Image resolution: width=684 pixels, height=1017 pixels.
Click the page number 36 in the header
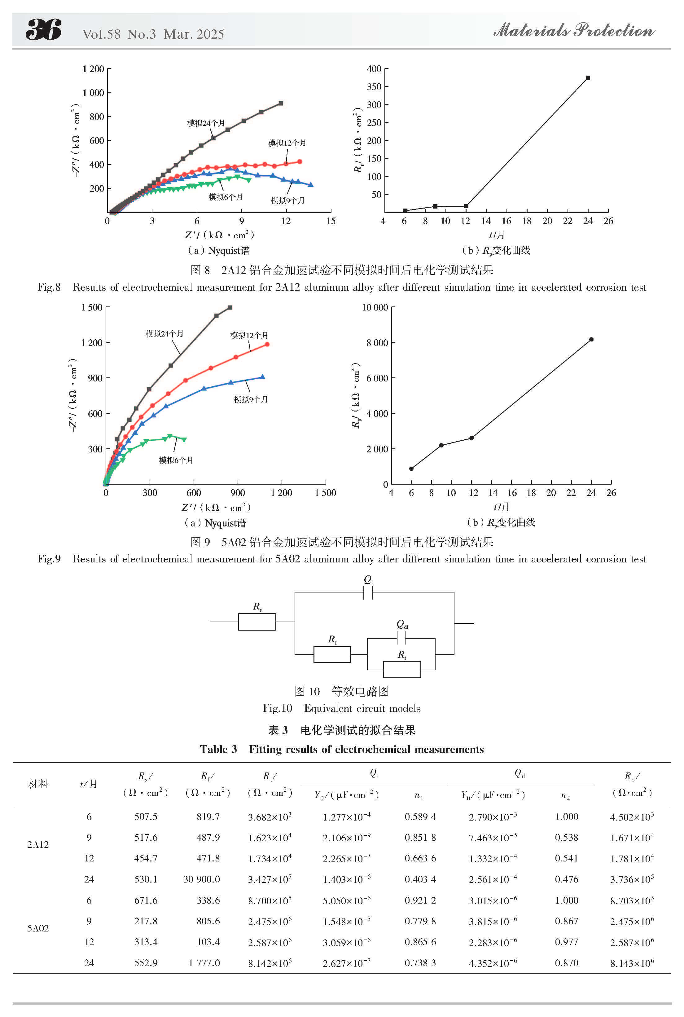[x=44, y=30]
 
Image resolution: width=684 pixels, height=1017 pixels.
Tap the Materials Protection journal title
[x=574, y=31]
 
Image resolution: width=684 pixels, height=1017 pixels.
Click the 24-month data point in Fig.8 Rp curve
[x=588, y=78]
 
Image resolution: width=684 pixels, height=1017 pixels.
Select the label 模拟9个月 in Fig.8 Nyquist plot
[x=287, y=200]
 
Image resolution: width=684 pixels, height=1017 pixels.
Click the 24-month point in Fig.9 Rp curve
[x=591, y=339]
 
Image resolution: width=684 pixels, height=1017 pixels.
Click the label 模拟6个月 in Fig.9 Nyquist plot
[x=176, y=460]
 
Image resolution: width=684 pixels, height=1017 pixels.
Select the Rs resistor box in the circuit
[x=257, y=622]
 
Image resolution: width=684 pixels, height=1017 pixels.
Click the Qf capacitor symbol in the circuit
[x=368, y=592]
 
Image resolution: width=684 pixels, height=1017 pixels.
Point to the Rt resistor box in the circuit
[x=402, y=669]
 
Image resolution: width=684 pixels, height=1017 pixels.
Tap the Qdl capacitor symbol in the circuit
[x=401, y=639]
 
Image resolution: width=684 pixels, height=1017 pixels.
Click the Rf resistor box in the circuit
[x=332, y=654]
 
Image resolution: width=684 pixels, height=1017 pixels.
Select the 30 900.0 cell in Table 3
[x=202, y=879]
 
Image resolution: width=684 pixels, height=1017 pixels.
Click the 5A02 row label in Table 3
[x=38, y=928]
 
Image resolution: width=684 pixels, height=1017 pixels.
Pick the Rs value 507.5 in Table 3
[x=146, y=816]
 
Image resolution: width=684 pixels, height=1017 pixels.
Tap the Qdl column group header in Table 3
[x=520, y=773]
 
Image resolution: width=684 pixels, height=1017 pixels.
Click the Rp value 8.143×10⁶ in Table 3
[x=632, y=963]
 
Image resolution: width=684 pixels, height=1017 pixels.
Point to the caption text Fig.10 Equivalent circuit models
[x=342, y=708]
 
